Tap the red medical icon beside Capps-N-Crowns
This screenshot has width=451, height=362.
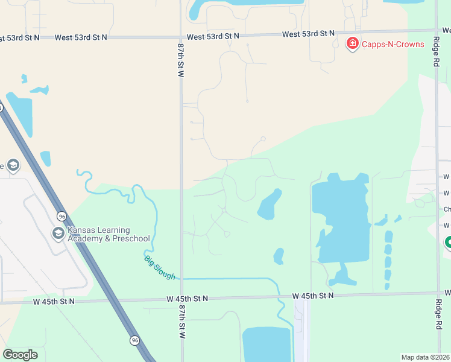(352, 43)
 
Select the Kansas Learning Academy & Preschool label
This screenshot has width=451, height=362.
(99, 234)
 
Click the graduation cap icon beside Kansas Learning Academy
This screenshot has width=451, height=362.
(58, 233)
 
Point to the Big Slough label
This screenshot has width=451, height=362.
(160, 267)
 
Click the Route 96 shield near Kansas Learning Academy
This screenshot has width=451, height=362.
(61, 216)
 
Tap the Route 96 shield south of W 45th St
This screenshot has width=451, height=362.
(134, 341)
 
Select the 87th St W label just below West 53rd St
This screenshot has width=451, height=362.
(180, 59)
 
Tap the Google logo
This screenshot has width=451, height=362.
(20, 355)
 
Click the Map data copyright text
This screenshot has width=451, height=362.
(426, 357)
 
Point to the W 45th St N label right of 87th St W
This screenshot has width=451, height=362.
(188, 299)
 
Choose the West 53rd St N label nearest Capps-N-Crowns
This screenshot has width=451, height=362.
(308, 34)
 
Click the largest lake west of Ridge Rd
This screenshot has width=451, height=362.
(341, 220)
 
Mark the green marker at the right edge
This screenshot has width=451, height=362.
(448, 243)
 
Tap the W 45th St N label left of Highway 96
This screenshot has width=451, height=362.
(54, 301)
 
